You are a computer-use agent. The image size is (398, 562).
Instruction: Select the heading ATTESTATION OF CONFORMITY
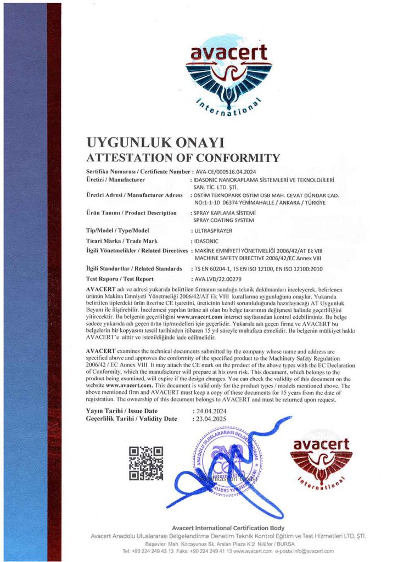(x=183, y=159)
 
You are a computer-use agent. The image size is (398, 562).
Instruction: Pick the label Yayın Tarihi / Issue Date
(x=121, y=411)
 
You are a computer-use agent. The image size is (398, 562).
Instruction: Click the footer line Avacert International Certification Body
(x=228, y=527)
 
